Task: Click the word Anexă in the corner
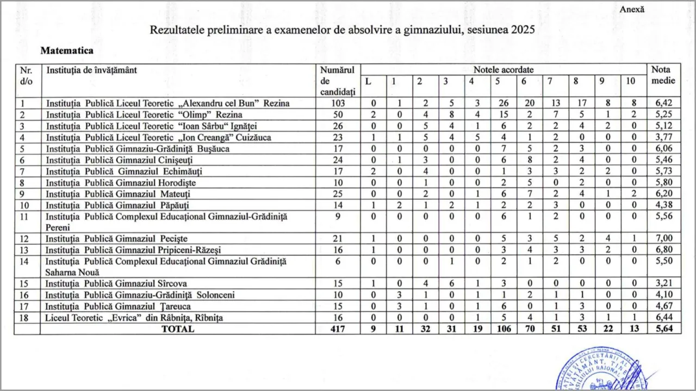[x=632, y=9]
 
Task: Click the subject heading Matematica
[x=67, y=51]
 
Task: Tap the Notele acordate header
[x=503, y=70]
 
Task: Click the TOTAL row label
[x=178, y=329]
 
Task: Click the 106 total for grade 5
[x=504, y=329]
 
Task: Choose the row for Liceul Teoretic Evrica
[x=134, y=317]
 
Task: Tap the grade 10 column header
[x=630, y=81]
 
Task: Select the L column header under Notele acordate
[x=368, y=81]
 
